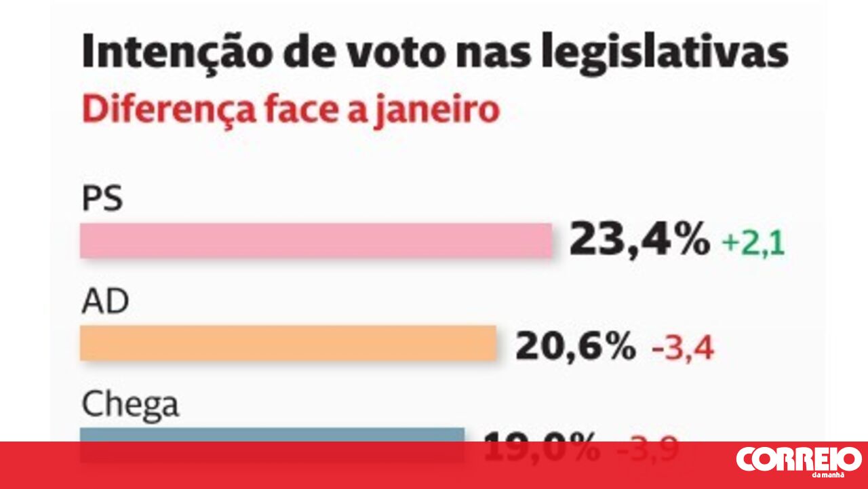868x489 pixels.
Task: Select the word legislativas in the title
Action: tap(664, 52)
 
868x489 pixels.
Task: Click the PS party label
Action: tap(102, 200)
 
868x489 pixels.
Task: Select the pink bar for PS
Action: tap(316, 241)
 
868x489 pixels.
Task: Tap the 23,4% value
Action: tap(639, 240)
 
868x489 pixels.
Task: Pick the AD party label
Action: tap(105, 302)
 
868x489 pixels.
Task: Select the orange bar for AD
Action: tap(288, 343)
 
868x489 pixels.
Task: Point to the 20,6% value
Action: tap(575, 347)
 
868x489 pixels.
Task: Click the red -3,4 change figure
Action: tap(683, 349)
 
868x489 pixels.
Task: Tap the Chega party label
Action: tap(130, 406)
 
